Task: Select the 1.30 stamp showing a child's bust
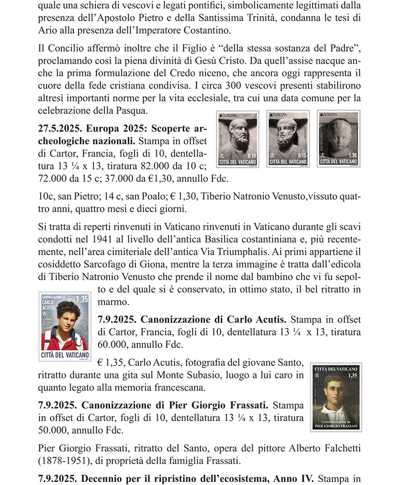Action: (x=338, y=139)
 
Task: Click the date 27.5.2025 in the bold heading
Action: (x=59, y=128)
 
